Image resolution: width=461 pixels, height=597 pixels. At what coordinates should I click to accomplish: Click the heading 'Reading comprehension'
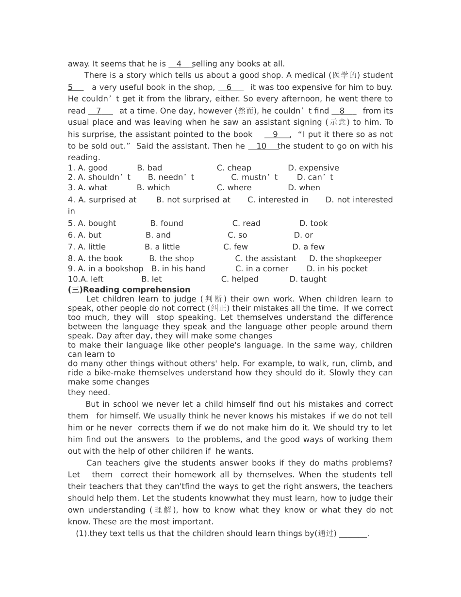click(136, 290)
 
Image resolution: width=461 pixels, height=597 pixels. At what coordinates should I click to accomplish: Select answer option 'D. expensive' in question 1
click(313, 168)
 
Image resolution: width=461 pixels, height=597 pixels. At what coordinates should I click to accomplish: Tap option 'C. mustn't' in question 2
click(254, 177)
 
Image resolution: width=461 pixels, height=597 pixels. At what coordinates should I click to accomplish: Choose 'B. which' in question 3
click(153, 188)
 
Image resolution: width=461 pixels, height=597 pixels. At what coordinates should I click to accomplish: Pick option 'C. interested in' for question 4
click(278, 199)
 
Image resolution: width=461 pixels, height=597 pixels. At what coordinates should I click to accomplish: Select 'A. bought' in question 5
click(92, 223)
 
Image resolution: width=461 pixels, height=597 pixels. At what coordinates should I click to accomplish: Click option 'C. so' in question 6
click(237, 235)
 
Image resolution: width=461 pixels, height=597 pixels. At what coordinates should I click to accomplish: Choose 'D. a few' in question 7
click(308, 247)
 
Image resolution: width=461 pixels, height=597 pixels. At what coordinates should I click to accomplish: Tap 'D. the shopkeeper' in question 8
click(345, 259)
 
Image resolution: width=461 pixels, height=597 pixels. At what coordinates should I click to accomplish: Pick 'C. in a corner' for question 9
click(262, 269)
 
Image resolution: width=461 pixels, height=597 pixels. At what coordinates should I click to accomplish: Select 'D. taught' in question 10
click(308, 279)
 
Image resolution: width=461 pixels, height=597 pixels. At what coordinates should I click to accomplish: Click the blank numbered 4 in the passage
click(179, 64)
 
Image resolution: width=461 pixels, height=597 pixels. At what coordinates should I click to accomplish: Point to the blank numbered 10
click(262, 146)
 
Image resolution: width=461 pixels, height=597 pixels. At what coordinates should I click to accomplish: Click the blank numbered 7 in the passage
click(99, 111)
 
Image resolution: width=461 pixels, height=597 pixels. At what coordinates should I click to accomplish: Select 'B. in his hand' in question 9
click(178, 269)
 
